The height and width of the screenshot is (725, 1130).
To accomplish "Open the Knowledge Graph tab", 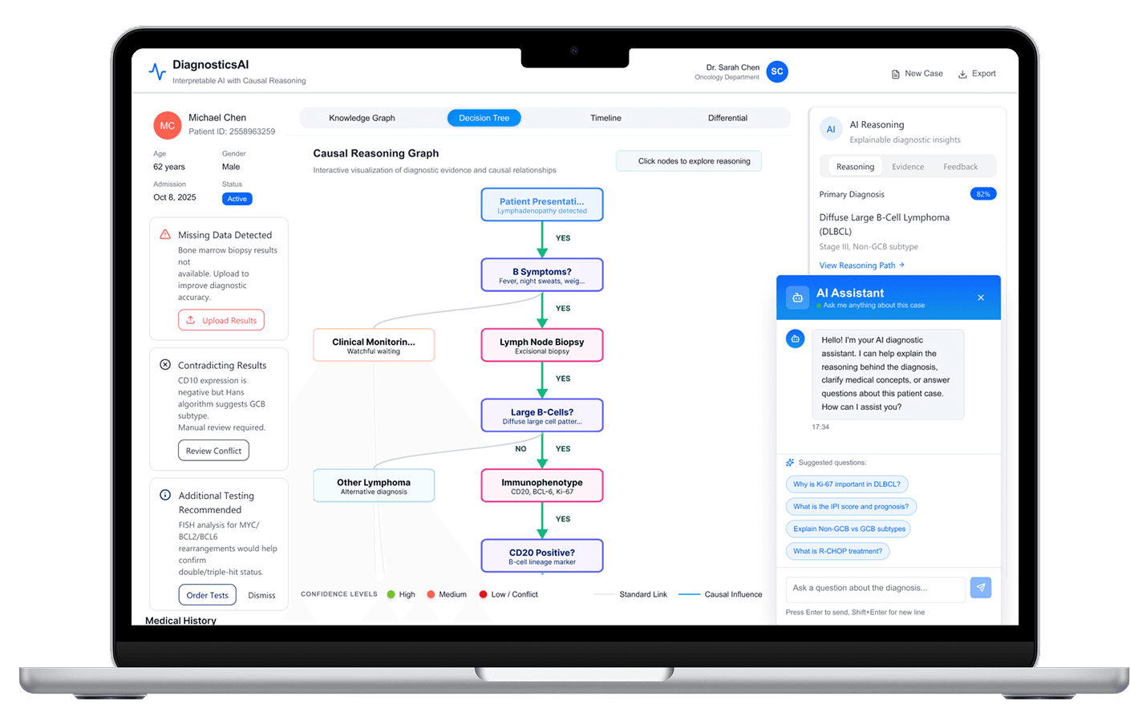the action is [x=362, y=118].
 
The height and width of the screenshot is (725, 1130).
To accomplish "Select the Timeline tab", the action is [x=606, y=118].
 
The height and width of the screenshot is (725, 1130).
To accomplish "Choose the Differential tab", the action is [x=727, y=118].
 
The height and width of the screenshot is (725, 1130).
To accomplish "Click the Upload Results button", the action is [x=221, y=320].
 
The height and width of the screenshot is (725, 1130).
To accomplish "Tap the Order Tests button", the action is [x=207, y=595].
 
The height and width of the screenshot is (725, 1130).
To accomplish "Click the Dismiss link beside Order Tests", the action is [x=261, y=595].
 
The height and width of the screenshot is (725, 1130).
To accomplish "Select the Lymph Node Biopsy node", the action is [x=542, y=345].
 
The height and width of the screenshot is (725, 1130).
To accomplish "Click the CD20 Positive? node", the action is [x=542, y=556].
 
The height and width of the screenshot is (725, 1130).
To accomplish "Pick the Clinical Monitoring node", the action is [x=374, y=345].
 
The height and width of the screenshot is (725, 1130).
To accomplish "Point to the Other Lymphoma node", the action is [x=374, y=485].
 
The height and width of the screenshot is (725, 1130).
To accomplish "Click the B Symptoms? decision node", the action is [x=542, y=275].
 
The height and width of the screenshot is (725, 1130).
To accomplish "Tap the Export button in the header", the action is [x=977, y=74].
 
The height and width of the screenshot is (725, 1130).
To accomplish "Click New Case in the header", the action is [x=917, y=74].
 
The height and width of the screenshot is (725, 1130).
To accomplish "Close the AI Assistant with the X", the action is [x=981, y=298].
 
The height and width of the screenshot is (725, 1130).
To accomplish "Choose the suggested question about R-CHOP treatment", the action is [x=837, y=551].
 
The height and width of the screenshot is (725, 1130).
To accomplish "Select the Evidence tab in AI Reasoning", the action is [x=908, y=167].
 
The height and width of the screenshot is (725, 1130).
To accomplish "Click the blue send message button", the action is [x=981, y=588].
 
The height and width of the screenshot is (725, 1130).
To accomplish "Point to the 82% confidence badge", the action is [x=983, y=194].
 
